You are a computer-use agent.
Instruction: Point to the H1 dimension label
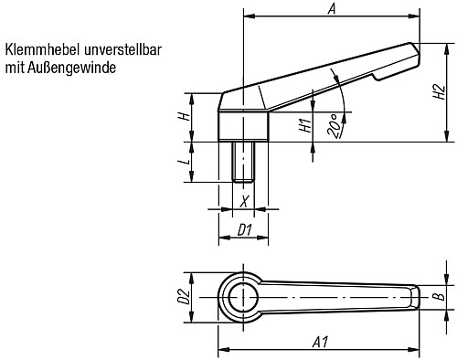pyautogui.click(x=304, y=126)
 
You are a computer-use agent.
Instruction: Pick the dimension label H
pyautogui.click(x=183, y=117)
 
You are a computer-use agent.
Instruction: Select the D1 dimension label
pyautogui.click(x=243, y=229)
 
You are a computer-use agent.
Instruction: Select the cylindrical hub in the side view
pyautogui.click(x=243, y=126)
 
